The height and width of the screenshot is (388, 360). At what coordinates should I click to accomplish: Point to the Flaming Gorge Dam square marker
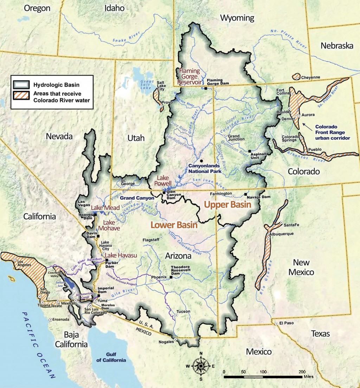point(206,88)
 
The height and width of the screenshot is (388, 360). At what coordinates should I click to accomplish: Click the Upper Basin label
point(228,205)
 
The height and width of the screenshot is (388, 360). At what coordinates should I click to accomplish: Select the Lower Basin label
point(174,225)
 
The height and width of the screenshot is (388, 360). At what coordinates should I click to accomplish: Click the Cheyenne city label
point(310,78)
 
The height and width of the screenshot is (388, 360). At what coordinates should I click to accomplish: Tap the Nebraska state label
point(337,46)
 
